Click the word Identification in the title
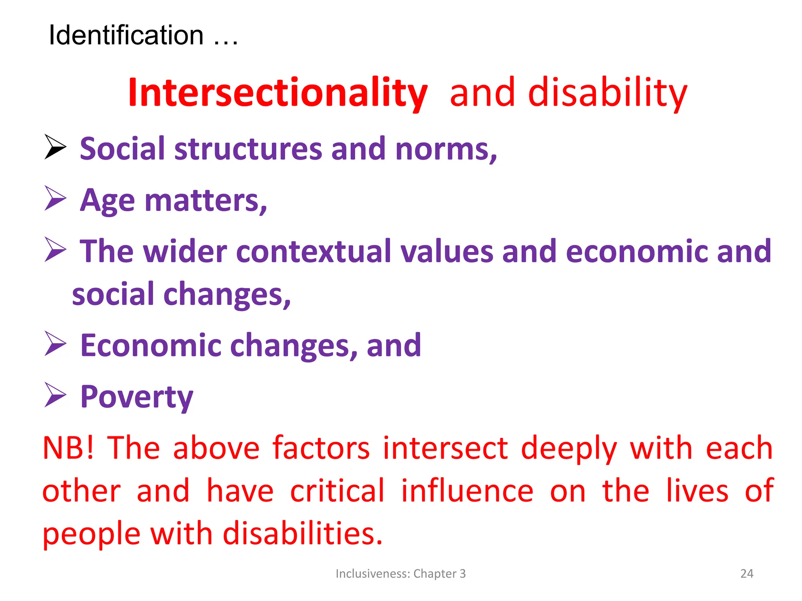pyautogui.click(x=126, y=35)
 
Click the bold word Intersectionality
pyautogui.click(x=278, y=93)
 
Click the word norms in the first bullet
pyautogui.click(x=446, y=149)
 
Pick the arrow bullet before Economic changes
pyautogui.click(x=55, y=344)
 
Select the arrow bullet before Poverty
pyautogui.click(x=55, y=395)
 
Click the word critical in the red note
pyautogui.click(x=337, y=491)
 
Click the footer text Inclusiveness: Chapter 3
pyautogui.click(x=401, y=574)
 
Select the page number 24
pyautogui.click(x=746, y=574)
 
